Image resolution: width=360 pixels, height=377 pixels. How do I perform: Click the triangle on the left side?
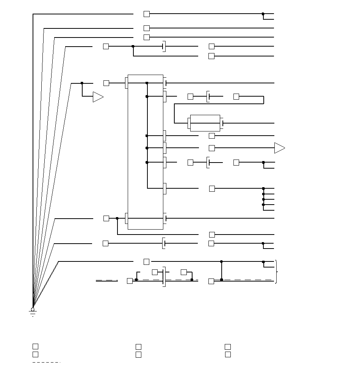(x=98, y=97)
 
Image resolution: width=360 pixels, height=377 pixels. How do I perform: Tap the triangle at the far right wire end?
(x=279, y=148)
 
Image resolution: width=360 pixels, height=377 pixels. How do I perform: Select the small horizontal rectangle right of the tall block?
(x=205, y=123)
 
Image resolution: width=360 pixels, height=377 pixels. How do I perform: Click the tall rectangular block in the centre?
(x=146, y=152)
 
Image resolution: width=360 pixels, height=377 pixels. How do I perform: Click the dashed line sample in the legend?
(x=46, y=363)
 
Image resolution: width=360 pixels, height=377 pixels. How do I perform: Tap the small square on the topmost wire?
(x=147, y=14)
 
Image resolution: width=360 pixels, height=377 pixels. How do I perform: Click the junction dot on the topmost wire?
(x=263, y=14)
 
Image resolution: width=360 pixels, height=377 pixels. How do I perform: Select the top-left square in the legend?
(x=35, y=346)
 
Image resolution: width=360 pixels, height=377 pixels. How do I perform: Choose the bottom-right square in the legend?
(x=228, y=355)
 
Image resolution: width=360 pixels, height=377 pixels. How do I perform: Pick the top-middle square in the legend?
(x=139, y=347)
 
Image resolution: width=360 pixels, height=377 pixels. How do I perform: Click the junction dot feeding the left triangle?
(x=82, y=83)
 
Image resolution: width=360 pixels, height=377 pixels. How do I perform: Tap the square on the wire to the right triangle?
(x=212, y=148)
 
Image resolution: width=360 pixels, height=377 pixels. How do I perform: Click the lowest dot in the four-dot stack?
(x=263, y=205)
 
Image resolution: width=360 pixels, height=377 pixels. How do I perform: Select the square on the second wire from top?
(x=147, y=28)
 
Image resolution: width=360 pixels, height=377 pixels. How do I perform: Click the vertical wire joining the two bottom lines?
(x=222, y=271)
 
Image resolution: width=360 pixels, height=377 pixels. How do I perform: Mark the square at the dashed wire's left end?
(x=130, y=281)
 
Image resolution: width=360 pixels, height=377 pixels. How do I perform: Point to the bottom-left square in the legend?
(x=35, y=355)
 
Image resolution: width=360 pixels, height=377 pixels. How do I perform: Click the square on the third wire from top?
(x=147, y=37)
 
